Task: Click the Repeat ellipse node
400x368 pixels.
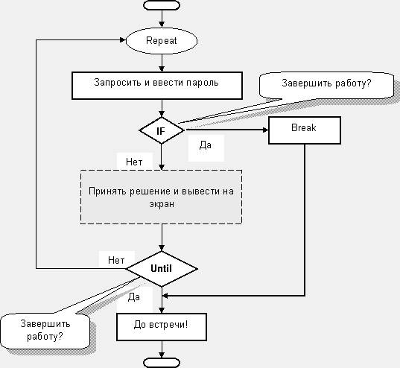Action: tap(162, 41)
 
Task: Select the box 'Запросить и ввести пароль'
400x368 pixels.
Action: tap(157, 86)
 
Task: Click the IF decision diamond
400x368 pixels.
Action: tap(162, 130)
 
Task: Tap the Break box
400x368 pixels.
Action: tap(305, 130)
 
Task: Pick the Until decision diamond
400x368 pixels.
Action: tap(162, 269)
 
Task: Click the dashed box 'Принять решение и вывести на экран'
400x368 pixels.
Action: tap(161, 197)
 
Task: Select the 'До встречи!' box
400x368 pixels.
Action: tap(162, 327)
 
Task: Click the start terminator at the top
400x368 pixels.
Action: tap(162, 5)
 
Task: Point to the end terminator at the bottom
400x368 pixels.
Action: tap(162, 363)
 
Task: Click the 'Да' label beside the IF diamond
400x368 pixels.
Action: tap(206, 145)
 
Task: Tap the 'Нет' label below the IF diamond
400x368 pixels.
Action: tap(134, 162)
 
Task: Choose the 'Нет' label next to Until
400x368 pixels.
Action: tap(116, 260)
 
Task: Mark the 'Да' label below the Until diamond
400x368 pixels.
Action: tap(134, 296)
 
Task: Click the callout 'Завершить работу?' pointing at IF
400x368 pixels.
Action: tap(326, 86)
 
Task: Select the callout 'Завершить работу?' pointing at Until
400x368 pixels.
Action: tap(45, 331)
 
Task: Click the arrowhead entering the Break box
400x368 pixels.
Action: tap(265, 130)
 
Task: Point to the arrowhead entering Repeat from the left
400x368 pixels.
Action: tap(123, 39)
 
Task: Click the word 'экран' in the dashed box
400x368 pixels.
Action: tap(162, 204)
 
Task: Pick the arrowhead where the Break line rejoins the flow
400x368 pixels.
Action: tap(165, 296)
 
